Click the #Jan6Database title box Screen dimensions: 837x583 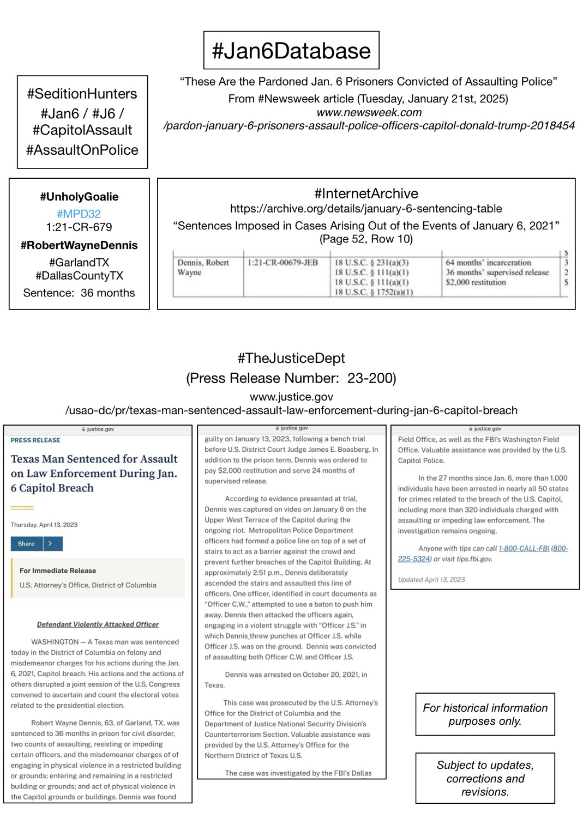[291, 51]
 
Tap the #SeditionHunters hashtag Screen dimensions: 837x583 [82, 94]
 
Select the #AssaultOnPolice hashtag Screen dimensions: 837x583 [82, 150]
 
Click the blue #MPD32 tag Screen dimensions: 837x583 [79, 214]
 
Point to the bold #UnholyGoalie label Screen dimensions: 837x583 [79, 197]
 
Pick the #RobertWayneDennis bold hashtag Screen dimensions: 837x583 [79, 245]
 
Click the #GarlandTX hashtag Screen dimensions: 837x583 [79, 263]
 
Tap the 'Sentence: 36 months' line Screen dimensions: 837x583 [79, 293]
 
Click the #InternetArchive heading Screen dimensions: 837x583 [366, 193]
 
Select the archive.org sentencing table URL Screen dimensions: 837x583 [366, 209]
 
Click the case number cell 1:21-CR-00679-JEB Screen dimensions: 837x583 [283, 263]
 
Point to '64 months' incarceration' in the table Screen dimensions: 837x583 [488, 263]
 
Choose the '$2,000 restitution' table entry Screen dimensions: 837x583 [476, 282]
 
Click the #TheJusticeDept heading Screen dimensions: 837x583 [291, 358]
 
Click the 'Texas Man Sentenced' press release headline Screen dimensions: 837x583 [94, 474]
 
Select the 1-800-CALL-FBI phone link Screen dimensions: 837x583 [524, 548]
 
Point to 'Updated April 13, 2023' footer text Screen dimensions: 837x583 [431, 579]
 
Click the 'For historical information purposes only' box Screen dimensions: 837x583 [485, 714]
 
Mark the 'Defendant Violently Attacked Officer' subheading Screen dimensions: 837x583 [98, 624]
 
